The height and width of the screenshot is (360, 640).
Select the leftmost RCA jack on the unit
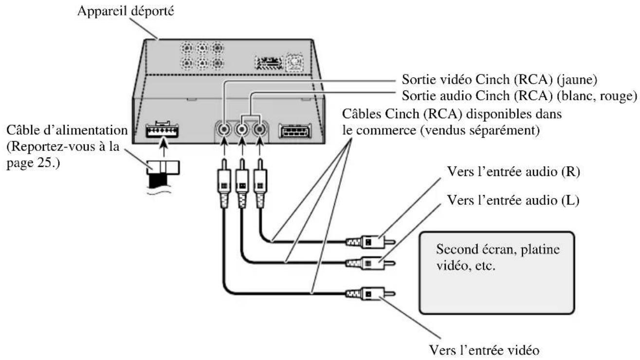223,130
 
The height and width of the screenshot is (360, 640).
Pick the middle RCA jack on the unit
242,130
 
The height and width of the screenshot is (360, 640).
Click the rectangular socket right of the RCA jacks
294,132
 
